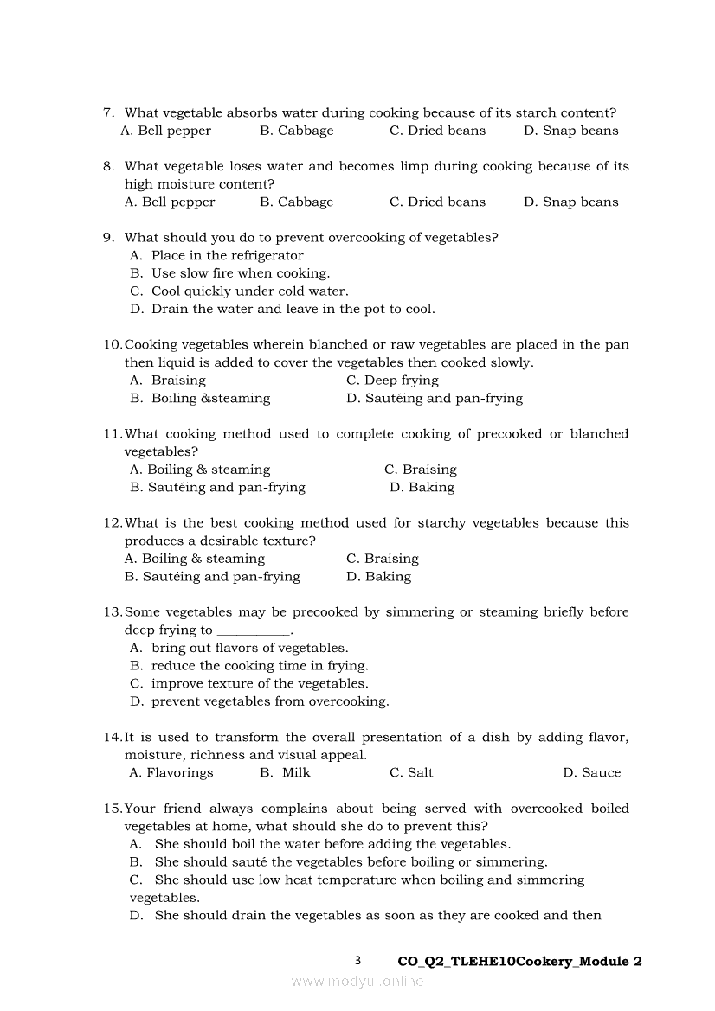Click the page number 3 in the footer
click(x=357, y=961)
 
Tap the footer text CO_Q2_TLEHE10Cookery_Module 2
click(x=519, y=961)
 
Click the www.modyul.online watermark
click(x=357, y=981)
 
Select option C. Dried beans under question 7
click(x=437, y=131)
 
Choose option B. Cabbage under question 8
click(x=296, y=202)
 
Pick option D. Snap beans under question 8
click(x=570, y=202)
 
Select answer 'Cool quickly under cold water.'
click(x=249, y=291)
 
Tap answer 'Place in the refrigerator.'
click(x=229, y=255)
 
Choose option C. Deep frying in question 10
click(x=392, y=380)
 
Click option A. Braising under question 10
click(x=168, y=380)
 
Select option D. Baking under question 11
click(x=422, y=487)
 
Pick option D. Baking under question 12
click(x=378, y=576)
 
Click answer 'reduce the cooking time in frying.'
click(x=260, y=665)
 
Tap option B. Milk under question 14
click(x=285, y=772)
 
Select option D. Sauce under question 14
click(x=591, y=772)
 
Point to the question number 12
click(x=112, y=522)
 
